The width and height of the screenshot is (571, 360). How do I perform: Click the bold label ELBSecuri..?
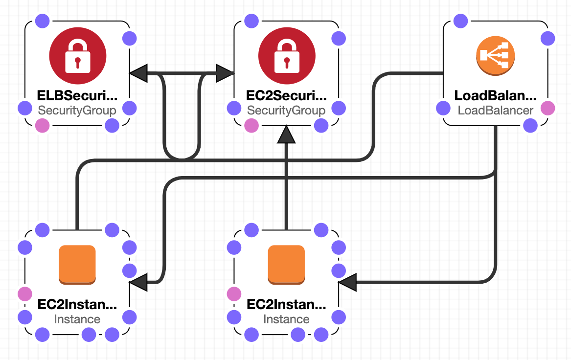(77, 95)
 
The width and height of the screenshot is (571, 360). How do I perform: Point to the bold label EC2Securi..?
(286, 95)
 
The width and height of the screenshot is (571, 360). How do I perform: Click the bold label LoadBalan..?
(496, 95)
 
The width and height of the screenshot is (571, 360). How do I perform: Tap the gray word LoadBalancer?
(496, 111)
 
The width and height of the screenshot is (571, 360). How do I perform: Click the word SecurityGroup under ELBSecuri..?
(77, 111)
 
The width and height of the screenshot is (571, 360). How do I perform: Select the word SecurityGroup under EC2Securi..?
(286, 111)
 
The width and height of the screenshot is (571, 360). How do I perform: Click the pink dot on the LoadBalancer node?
(548, 108)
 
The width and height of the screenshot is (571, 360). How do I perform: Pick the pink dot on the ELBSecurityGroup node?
(43, 126)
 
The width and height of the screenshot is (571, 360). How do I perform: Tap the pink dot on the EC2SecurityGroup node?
(251, 126)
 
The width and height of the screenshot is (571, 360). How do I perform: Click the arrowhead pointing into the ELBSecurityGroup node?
(138, 73)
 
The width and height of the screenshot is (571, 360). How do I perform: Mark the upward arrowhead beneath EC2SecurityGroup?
(286, 135)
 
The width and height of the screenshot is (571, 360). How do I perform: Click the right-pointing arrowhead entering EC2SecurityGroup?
(225, 73)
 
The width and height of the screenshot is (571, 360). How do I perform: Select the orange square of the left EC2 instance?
(77, 264)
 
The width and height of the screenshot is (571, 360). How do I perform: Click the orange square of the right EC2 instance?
(286, 264)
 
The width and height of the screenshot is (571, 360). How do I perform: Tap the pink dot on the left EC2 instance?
(24, 294)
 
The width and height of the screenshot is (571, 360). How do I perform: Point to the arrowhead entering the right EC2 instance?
(347, 282)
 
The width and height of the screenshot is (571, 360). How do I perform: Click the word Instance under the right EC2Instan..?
(286, 319)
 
